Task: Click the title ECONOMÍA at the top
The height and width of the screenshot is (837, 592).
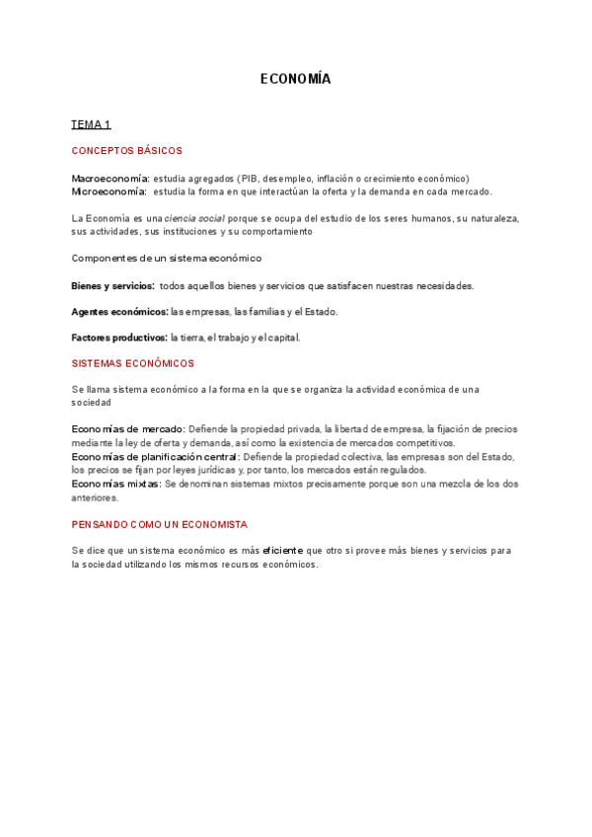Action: click(296, 79)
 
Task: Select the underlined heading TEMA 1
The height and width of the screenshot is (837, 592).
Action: click(91, 124)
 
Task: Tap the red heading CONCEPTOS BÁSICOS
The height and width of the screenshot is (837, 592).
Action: click(126, 151)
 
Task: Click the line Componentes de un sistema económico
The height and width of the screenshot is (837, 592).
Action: click(166, 259)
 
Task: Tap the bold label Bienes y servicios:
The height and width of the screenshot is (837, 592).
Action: click(112, 285)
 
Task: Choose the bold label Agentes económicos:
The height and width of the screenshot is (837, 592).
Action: click(119, 312)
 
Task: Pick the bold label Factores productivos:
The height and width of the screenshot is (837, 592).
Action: click(119, 338)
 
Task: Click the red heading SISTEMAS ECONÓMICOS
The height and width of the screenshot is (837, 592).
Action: click(132, 363)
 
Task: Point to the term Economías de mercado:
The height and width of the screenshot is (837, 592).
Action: click(128, 429)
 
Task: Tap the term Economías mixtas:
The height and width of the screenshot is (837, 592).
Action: click(116, 485)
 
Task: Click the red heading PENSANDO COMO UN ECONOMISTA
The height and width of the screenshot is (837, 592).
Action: click(159, 523)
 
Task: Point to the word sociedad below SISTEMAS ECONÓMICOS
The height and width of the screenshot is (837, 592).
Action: click(91, 403)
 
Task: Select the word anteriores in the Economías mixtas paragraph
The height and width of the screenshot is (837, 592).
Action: click(95, 498)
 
